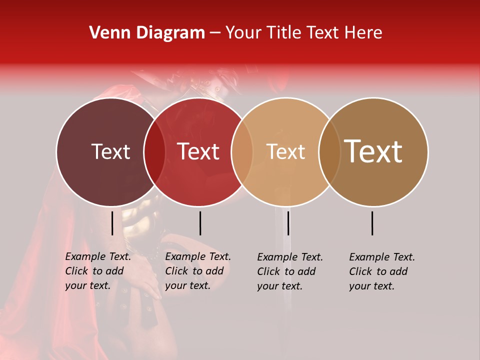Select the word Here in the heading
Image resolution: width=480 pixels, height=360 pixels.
tap(363, 33)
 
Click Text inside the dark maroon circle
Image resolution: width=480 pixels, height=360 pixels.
tap(110, 151)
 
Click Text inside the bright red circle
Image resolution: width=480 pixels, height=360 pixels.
tap(198, 151)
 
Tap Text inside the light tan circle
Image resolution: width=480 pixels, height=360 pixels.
tap(285, 151)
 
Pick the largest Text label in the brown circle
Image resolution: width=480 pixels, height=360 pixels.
tap(373, 151)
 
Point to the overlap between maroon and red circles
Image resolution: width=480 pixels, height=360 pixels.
tap(154, 151)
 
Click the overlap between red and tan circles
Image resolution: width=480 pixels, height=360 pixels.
tap(242, 151)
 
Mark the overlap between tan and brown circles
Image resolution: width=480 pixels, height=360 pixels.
tap(329, 151)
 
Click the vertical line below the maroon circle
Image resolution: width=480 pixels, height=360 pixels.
tap(112, 223)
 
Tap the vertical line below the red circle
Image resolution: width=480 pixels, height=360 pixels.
tap(200, 223)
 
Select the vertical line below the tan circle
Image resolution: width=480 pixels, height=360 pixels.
tap(288, 223)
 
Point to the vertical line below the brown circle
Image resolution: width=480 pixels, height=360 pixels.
tap(372, 223)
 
